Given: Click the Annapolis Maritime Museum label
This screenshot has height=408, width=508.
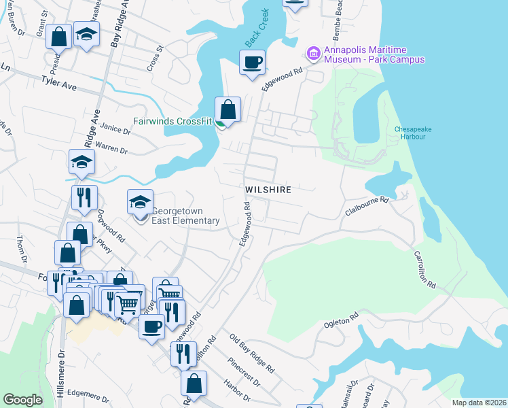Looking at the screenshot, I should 374,54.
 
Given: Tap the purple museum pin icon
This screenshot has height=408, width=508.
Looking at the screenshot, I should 313,52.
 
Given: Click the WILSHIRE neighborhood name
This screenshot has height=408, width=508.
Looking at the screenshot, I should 268,190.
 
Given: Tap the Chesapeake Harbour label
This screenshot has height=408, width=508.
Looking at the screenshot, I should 410,132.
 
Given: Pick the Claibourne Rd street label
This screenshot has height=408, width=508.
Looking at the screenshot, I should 366,205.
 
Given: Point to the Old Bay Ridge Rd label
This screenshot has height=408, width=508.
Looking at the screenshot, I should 252,354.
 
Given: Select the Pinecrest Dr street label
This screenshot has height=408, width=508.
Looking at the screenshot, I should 244,371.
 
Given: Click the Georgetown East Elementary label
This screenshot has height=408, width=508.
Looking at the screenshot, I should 185,216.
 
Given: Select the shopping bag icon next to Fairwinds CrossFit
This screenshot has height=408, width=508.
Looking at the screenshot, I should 228,109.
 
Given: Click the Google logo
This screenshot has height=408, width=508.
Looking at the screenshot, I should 23,400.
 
